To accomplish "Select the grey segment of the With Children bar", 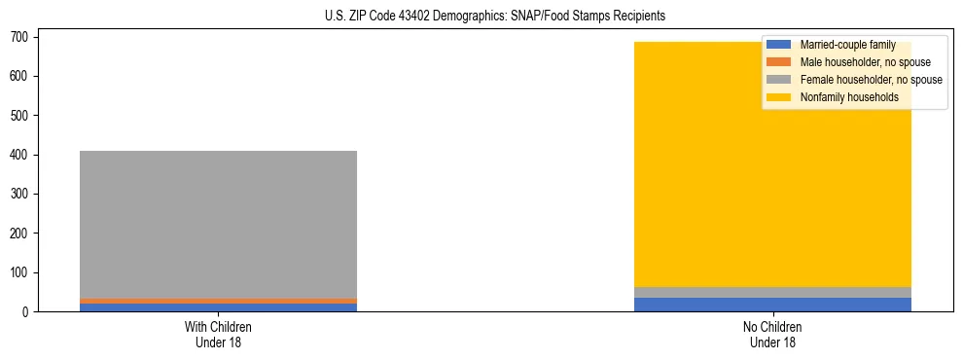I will [218, 224].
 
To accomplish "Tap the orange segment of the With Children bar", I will [218, 301].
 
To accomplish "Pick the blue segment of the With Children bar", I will [218, 307].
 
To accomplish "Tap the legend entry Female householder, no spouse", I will [871, 80].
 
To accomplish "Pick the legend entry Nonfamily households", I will [848, 97].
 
